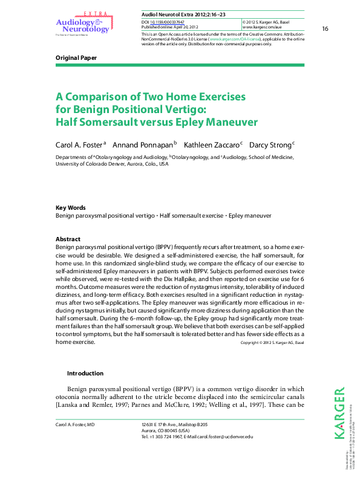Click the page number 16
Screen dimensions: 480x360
(x=325, y=29)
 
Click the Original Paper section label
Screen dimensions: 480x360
(x=76, y=58)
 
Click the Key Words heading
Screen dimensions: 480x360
(x=70, y=207)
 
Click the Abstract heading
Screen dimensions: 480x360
(x=68, y=239)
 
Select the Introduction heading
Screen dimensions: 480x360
(x=85, y=374)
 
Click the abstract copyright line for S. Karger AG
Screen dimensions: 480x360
(x=272, y=343)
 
